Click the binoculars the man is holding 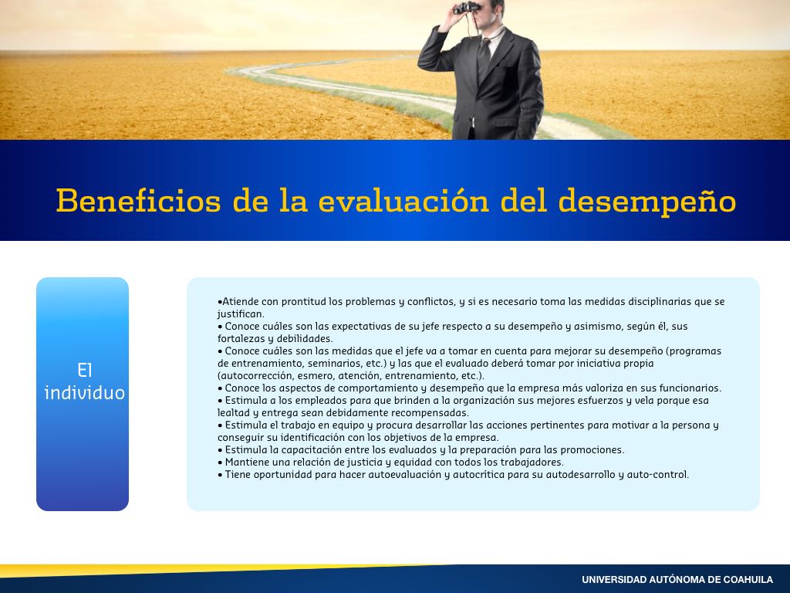click(467, 8)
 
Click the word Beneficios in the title click(139, 201)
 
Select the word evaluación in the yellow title click(403, 201)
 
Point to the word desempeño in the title click(647, 202)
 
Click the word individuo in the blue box click(85, 393)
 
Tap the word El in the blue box click(85, 371)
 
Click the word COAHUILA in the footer click(748, 580)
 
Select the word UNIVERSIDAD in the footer click(613, 580)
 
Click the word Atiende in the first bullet click(241, 302)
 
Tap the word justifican click(240, 314)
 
